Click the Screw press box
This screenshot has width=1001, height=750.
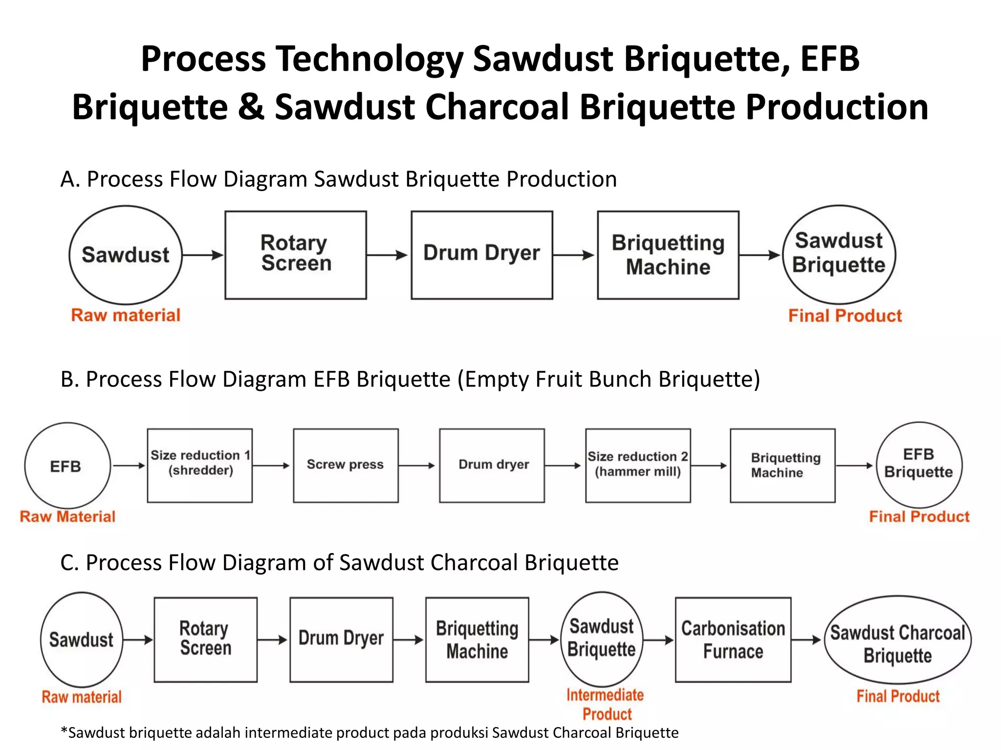click(x=346, y=465)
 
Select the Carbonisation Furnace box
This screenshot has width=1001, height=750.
click(x=733, y=639)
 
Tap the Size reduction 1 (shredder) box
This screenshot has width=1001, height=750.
click(x=199, y=465)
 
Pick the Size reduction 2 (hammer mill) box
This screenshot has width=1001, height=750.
click(x=638, y=465)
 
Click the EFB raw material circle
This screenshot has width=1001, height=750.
click(x=67, y=466)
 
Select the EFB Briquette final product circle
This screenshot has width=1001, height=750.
click(x=919, y=465)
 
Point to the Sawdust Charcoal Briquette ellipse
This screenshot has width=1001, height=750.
click(x=897, y=640)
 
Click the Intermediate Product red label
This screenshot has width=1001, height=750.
click(x=606, y=704)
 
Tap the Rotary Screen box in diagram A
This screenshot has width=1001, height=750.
click(x=295, y=255)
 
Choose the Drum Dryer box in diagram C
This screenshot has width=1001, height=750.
click(x=341, y=639)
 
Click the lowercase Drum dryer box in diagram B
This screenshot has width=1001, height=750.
click(x=492, y=465)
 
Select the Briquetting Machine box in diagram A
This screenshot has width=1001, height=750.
click(x=668, y=255)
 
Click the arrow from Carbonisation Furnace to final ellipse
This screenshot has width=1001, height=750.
click(x=806, y=640)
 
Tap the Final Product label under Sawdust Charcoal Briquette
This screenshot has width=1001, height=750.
click(x=898, y=696)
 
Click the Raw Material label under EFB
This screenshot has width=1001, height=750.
click(x=67, y=516)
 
